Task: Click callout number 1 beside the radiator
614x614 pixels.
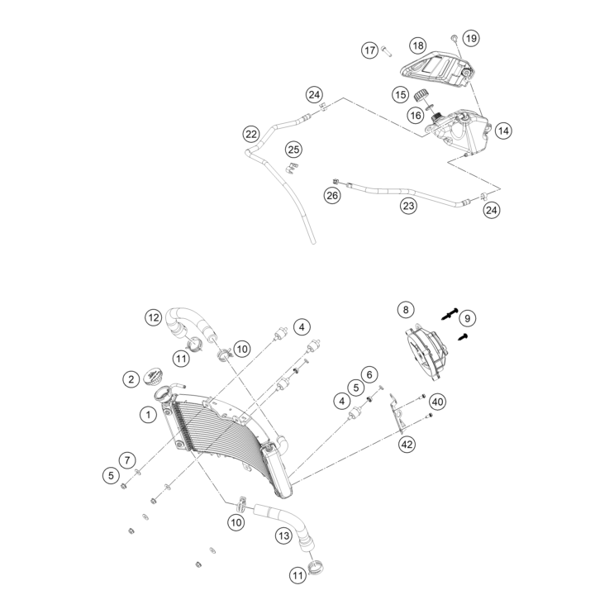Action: point(148,414)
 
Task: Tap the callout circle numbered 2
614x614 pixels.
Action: point(131,379)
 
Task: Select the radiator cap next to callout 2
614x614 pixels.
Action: point(153,376)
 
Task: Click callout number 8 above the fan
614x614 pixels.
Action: point(406,310)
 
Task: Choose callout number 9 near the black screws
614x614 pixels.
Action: point(467,318)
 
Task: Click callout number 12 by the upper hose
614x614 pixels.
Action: point(154,317)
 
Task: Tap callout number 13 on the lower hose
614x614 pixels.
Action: point(284,535)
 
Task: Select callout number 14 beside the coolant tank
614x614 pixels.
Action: point(503,131)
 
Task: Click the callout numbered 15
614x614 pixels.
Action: point(400,95)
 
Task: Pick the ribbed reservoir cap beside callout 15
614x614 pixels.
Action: point(421,95)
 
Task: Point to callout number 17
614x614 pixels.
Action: point(369,50)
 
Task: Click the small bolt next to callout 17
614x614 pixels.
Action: point(386,51)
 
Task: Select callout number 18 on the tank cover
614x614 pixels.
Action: point(418,45)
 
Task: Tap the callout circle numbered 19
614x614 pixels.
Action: point(471,38)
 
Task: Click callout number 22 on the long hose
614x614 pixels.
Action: point(251,135)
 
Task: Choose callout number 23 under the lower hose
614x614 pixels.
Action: point(408,206)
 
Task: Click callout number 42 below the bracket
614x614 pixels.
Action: point(407,444)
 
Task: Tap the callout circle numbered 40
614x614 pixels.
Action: point(437,402)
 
